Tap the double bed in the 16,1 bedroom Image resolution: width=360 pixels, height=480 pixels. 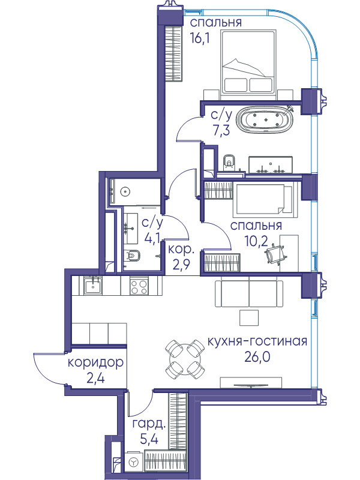click(x=248, y=65)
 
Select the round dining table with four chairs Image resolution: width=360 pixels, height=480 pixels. click(x=185, y=359)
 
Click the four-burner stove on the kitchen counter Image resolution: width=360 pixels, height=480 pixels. click(x=139, y=286)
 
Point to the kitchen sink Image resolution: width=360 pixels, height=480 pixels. click(x=93, y=286)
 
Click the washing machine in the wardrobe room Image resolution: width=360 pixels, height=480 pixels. click(x=134, y=462)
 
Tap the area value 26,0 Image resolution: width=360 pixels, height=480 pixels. click(x=257, y=356)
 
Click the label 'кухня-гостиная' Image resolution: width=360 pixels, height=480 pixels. click(x=257, y=341)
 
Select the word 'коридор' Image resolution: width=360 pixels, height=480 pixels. click(x=95, y=363)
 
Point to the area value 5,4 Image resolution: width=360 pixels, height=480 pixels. click(x=149, y=440)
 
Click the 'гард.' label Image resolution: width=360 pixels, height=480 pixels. click(x=149, y=425)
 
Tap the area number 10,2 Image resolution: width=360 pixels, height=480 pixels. click(x=256, y=241)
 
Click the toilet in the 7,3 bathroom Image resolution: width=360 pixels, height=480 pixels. click(x=229, y=162)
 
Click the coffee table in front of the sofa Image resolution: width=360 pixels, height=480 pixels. click(x=249, y=317)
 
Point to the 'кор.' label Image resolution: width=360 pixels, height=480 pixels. click(x=181, y=250)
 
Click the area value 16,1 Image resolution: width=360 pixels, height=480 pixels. click(x=200, y=39)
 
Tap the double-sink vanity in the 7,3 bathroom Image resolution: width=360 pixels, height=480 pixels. click(x=271, y=166)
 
